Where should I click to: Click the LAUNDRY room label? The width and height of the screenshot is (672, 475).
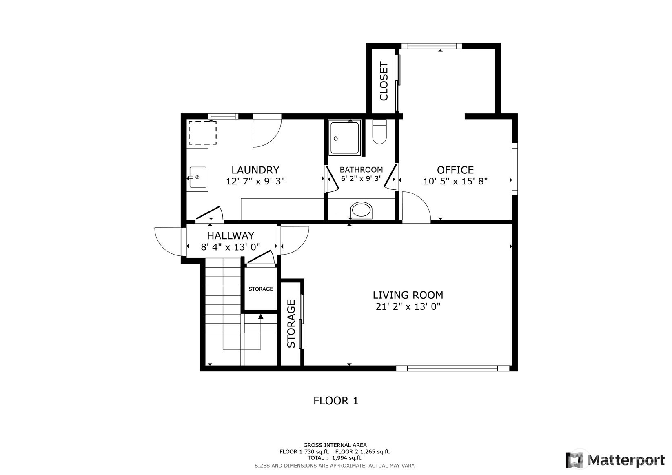tap(255, 170)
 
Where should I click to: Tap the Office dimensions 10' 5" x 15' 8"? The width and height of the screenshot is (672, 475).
tap(455, 181)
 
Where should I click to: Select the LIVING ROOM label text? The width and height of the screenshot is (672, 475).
tap(408, 295)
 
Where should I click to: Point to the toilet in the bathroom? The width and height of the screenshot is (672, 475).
tap(379, 132)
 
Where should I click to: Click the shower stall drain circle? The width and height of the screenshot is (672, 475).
tap(336, 139)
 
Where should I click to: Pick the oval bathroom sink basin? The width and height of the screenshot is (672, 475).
tap(361, 210)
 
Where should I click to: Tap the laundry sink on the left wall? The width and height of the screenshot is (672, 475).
tap(198, 178)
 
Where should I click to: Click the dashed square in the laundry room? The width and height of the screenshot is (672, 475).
tap(202, 133)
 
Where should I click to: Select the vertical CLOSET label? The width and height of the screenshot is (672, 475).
tap(384, 81)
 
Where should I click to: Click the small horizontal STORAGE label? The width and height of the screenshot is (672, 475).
tap(261, 289)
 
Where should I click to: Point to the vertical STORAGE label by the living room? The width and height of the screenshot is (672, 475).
tap(291, 324)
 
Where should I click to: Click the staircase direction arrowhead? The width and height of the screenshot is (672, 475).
tap(261, 316)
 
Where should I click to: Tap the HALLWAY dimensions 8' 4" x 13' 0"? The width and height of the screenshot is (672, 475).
tap(231, 247)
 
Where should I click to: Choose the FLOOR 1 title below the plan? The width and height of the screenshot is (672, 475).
tap(336, 401)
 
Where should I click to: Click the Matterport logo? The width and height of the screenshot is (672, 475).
tap(615, 460)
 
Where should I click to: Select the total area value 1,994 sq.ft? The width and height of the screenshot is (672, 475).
tap(347, 458)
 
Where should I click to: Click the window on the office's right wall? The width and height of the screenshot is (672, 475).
tap(515, 169)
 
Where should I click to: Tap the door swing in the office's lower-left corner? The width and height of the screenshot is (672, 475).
tap(417, 207)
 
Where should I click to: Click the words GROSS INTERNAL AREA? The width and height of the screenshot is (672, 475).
tap(335, 445)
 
